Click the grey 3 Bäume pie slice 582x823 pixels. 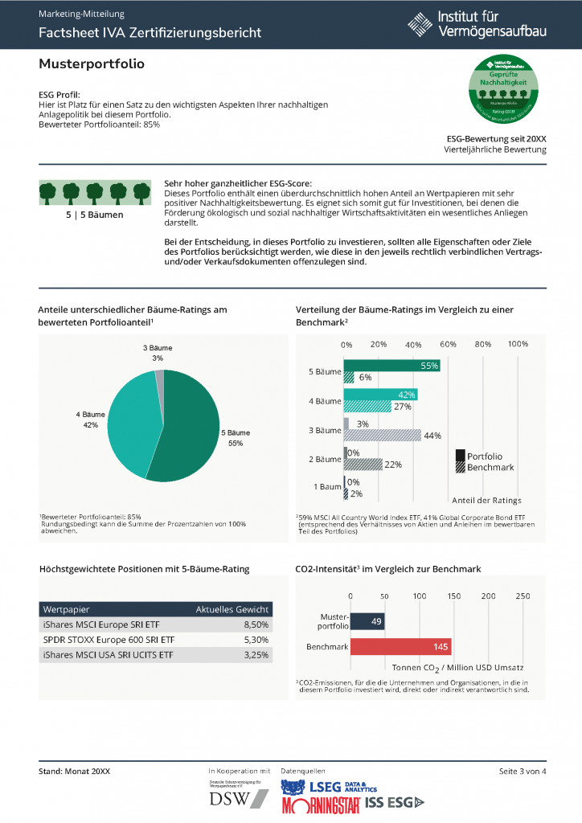click(x=159, y=377)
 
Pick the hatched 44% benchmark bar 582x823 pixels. click(x=382, y=435)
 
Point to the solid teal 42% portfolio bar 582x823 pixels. click(x=380, y=395)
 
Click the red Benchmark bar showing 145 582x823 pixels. click(x=400, y=647)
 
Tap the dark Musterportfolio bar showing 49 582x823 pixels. click(x=367, y=621)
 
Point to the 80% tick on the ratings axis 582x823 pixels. click(x=483, y=344)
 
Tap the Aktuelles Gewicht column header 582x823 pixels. click(x=232, y=609)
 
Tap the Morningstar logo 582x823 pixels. click(x=321, y=803)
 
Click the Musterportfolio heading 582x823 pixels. click(x=92, y=63)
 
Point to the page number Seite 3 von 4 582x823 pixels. click(x=523, y=772)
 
